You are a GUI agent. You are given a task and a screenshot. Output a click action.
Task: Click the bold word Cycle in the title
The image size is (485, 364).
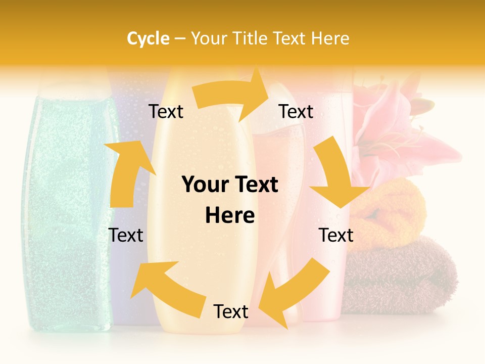(148, 38)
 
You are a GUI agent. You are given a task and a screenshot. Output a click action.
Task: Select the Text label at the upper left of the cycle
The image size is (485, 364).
(166, 112)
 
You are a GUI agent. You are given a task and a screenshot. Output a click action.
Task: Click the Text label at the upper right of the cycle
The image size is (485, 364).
(296, 112)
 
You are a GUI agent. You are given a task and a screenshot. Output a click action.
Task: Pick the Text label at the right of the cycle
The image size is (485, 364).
(336, 235)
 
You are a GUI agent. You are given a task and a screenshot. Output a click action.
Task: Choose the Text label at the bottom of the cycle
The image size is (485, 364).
(231, 312)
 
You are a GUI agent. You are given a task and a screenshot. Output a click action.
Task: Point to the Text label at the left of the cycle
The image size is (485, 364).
(126, 235)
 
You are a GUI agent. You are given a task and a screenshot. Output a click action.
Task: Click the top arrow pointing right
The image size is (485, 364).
(232, 94)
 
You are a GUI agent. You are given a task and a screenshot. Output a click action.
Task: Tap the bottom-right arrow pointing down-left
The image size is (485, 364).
(296, 291)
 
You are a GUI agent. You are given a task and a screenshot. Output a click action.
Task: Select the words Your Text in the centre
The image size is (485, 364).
(230, 185)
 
